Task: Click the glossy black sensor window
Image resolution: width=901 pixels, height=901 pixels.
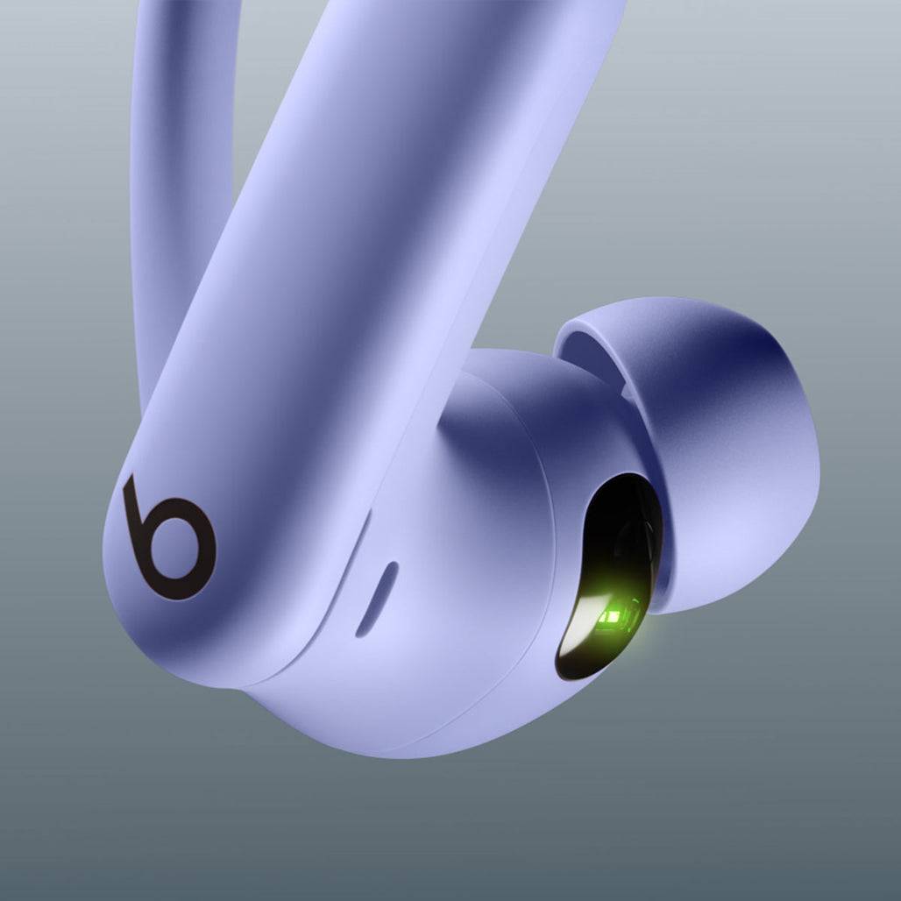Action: pos(605,570)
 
